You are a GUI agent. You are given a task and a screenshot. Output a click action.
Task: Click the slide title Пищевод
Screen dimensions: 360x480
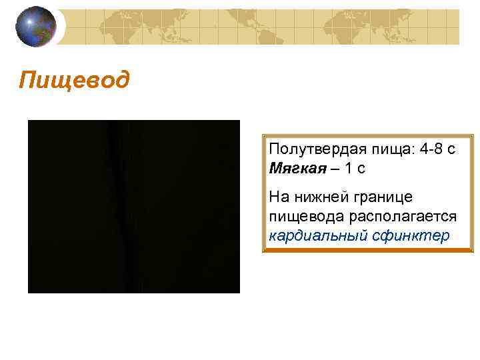click(x=75, y=82)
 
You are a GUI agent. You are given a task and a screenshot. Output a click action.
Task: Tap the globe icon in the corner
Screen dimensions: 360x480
click(x=37, y=27)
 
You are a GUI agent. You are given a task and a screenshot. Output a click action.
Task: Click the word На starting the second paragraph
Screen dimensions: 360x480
click(x=277, y=197)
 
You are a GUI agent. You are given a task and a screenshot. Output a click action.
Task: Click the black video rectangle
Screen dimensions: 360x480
click(x=133, y=207)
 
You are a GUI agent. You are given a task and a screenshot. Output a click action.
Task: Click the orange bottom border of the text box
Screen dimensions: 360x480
click(x=368, y=251)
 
